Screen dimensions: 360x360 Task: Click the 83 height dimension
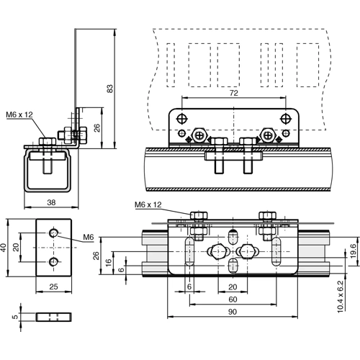109,89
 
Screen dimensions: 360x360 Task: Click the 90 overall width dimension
232,312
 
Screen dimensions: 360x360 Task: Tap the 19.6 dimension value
352,250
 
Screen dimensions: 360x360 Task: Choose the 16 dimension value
110,264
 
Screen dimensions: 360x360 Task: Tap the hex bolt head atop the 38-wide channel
45,141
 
